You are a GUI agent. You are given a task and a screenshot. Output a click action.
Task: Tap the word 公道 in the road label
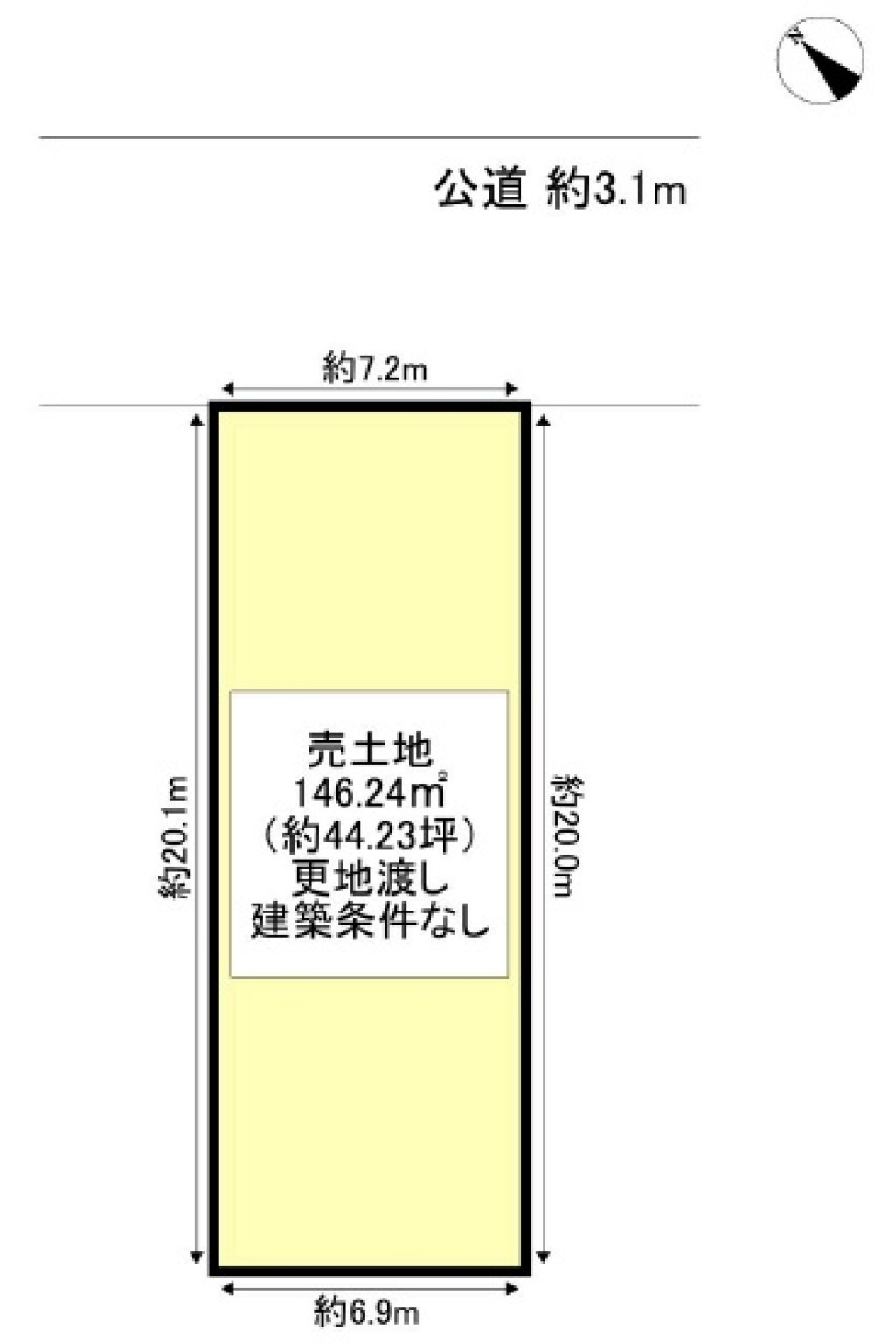point(482,190)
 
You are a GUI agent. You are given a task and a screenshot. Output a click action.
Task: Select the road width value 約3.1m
point(616,191)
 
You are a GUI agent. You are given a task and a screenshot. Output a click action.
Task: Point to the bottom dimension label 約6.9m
point(367,1312)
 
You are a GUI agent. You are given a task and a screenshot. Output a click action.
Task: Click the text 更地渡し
point(369,879)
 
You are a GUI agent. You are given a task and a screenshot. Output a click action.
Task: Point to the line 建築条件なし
point(369,923)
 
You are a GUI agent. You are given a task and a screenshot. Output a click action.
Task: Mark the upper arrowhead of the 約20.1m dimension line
point(196,421)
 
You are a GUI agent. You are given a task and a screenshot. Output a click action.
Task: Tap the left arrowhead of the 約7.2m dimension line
point(228,390)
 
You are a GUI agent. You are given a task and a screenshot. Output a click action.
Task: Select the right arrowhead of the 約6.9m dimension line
point(512,1287)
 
